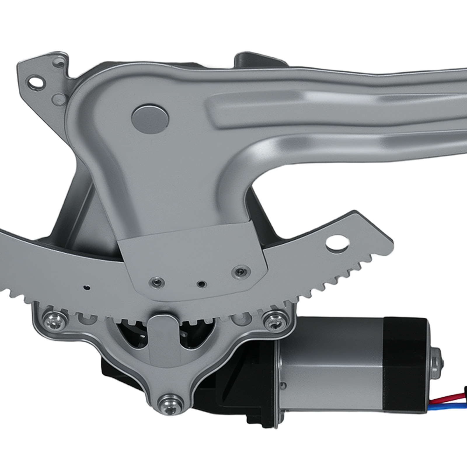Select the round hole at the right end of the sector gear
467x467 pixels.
tap(337, 243)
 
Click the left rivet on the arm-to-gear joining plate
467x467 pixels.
tap(155, 282)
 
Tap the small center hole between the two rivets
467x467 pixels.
tap(201, 284)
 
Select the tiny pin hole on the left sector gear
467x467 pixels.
tap(87, 287)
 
